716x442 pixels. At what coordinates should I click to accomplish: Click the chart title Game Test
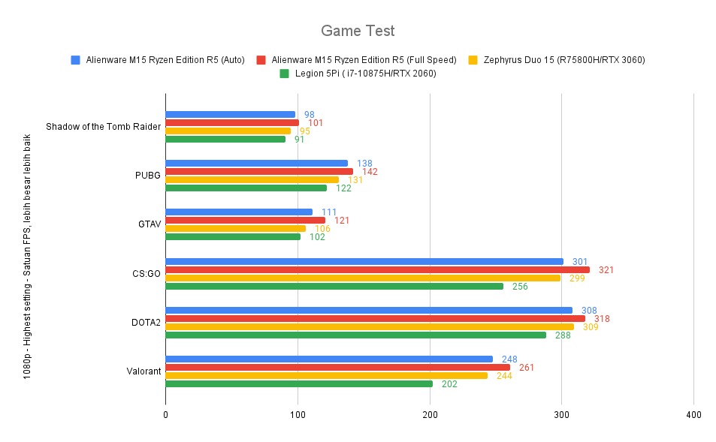click(358, 31)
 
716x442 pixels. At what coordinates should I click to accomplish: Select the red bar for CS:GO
click(377, 269)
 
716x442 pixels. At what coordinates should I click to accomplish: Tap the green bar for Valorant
click(299, 383)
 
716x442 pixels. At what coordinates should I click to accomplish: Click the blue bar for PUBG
click(256, 163)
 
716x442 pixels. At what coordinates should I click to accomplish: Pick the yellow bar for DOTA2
click(369, 326)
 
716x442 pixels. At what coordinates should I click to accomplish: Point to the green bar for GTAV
click(233, 236)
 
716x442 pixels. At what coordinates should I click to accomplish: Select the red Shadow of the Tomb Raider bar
click(232, 122)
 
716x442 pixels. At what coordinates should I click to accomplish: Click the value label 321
click(606, 269)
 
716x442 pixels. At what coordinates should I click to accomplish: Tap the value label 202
click(449, 384)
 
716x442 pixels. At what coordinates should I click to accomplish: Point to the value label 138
click(364, 163)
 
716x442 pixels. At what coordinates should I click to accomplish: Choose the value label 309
click(591, 327)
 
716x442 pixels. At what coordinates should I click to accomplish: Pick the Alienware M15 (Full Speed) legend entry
click(364, 59)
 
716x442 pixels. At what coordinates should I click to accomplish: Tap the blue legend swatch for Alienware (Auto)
click(75, 59)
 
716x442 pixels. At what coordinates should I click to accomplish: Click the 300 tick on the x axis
click(562, 414)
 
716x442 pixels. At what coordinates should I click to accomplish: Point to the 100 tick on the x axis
click(298, 414)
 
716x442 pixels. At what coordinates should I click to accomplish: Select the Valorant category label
click(142, 371)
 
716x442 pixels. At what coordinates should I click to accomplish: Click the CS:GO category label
click(145, 273)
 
